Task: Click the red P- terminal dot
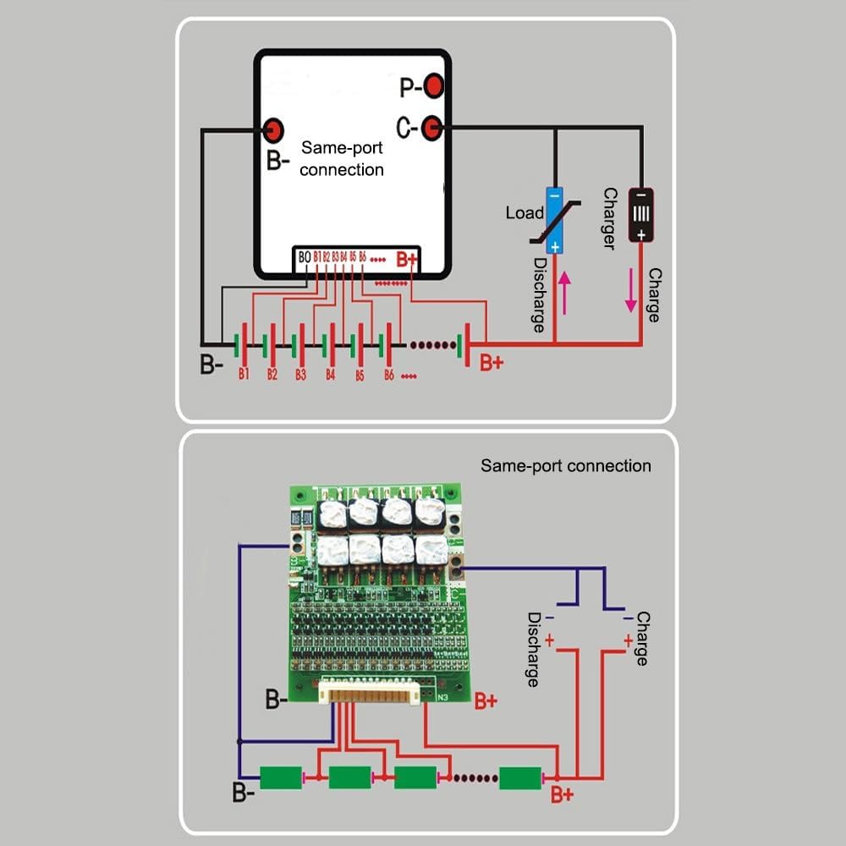click(x=434, y=85)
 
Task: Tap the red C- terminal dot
click(x=431, y=128)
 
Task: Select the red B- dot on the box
click(x=273, y=129)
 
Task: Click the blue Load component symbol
click(x=554, y=219)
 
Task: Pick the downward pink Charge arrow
click(x=630, y=292)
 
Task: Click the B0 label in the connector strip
click(x=304, y=256)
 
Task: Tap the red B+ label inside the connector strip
click(x=407, y=258)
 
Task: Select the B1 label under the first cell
click(x=243, y=373)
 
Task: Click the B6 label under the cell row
click(x=388, y=374)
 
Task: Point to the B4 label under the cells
click(x=330, y=374)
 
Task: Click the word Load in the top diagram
click(x=525, y=213)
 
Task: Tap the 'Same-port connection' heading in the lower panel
click(x=566, y=465)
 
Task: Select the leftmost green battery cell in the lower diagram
click(x=281, y=777)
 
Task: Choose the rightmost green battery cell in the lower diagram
click(x=520, y=777)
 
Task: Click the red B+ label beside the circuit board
click(x=486, y=700)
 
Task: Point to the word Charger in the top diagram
click(x=608, y=218)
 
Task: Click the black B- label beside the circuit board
click(x=275, y=700)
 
